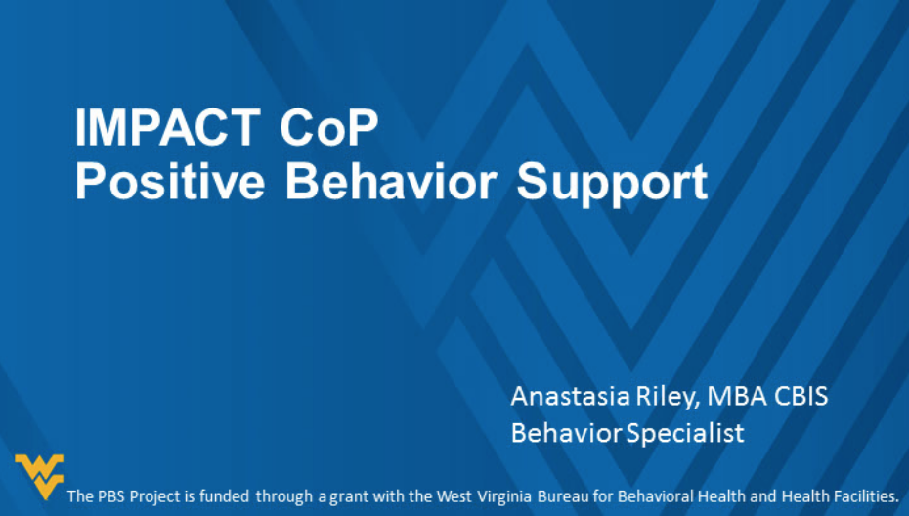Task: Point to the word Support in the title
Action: pyautogui.click(x=613, y=183)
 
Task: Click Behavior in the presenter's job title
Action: pyautogui.click(x=566, y=433)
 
